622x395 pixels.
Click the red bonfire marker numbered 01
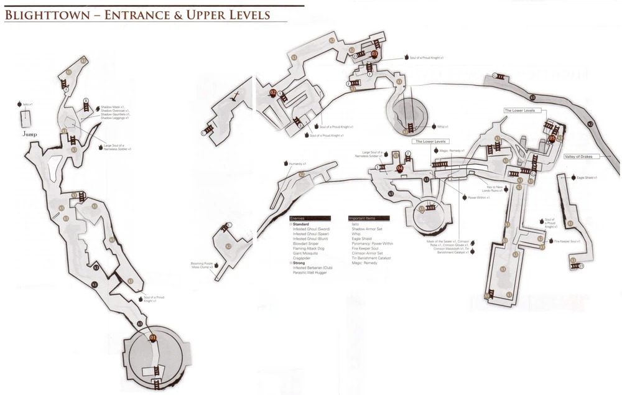click(154, 337)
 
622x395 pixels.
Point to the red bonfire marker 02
click(272, 93)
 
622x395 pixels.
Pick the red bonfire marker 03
click(374, 53)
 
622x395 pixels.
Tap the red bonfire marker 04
click(400, 167)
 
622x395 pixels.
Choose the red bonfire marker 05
click(552, 138)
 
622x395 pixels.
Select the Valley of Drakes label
click(578, 157)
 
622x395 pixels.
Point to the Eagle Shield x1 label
click(587, 178)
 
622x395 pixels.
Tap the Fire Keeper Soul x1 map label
click(569, 241)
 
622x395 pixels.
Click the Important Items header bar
click(369, 218)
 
